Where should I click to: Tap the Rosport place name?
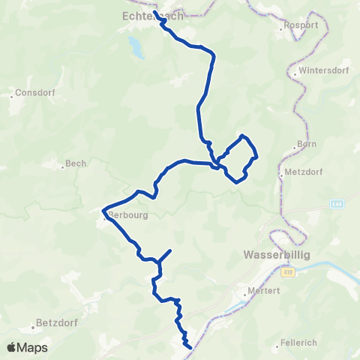301,25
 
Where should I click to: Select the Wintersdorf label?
319,72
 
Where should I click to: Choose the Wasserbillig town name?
276,255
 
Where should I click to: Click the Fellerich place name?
298,342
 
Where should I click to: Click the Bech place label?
76,163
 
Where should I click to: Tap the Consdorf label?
33,95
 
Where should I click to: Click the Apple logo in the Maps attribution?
12,347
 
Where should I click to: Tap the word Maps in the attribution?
34,347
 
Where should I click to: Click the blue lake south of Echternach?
136,46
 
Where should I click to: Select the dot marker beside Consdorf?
15,95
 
